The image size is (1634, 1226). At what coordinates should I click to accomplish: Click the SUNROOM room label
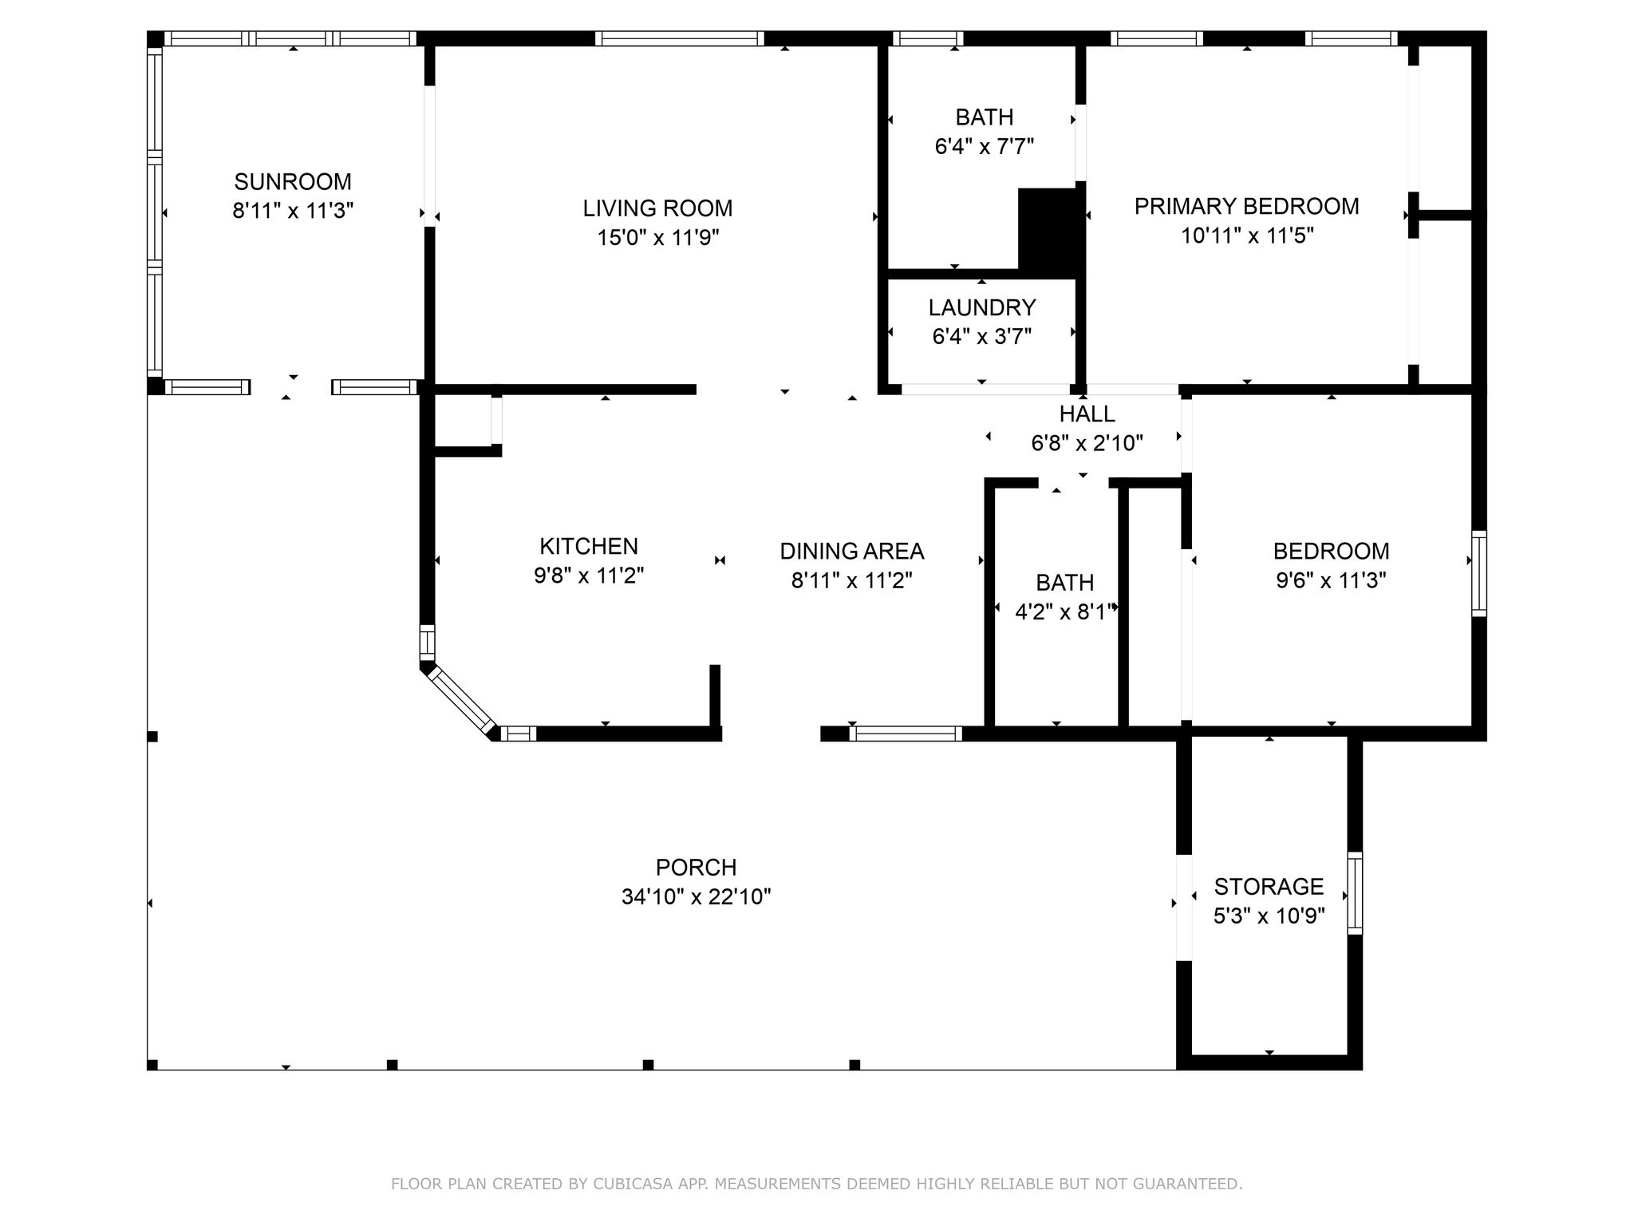point(293,181)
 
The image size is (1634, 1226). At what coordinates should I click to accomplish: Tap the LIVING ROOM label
point(657,208)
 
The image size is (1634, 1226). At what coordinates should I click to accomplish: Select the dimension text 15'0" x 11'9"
point(658,238)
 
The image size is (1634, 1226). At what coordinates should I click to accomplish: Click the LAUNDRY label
point(982,307)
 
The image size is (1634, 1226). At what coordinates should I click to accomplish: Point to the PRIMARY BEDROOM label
point(1247,206)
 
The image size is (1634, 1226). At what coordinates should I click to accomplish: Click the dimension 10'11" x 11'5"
point(1247,235)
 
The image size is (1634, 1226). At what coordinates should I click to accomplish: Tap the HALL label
point(1087,413)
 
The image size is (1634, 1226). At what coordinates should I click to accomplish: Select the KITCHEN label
point(589,546)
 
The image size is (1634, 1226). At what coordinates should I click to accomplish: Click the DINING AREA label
point(852,551)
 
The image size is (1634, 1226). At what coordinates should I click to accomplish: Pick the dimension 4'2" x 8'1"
point(1065,612)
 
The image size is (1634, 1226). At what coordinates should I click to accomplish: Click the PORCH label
point(697,867)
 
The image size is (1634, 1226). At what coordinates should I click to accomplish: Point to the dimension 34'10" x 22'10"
point(697,897)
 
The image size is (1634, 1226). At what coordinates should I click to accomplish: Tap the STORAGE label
point(1269,886)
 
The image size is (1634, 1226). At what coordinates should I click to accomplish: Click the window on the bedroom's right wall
point(1479,573)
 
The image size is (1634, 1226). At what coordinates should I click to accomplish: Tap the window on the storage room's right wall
point(1355,892)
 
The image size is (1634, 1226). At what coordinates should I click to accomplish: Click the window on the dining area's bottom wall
point(906,734)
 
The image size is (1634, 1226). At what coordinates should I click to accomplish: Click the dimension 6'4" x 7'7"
point(985,147)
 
